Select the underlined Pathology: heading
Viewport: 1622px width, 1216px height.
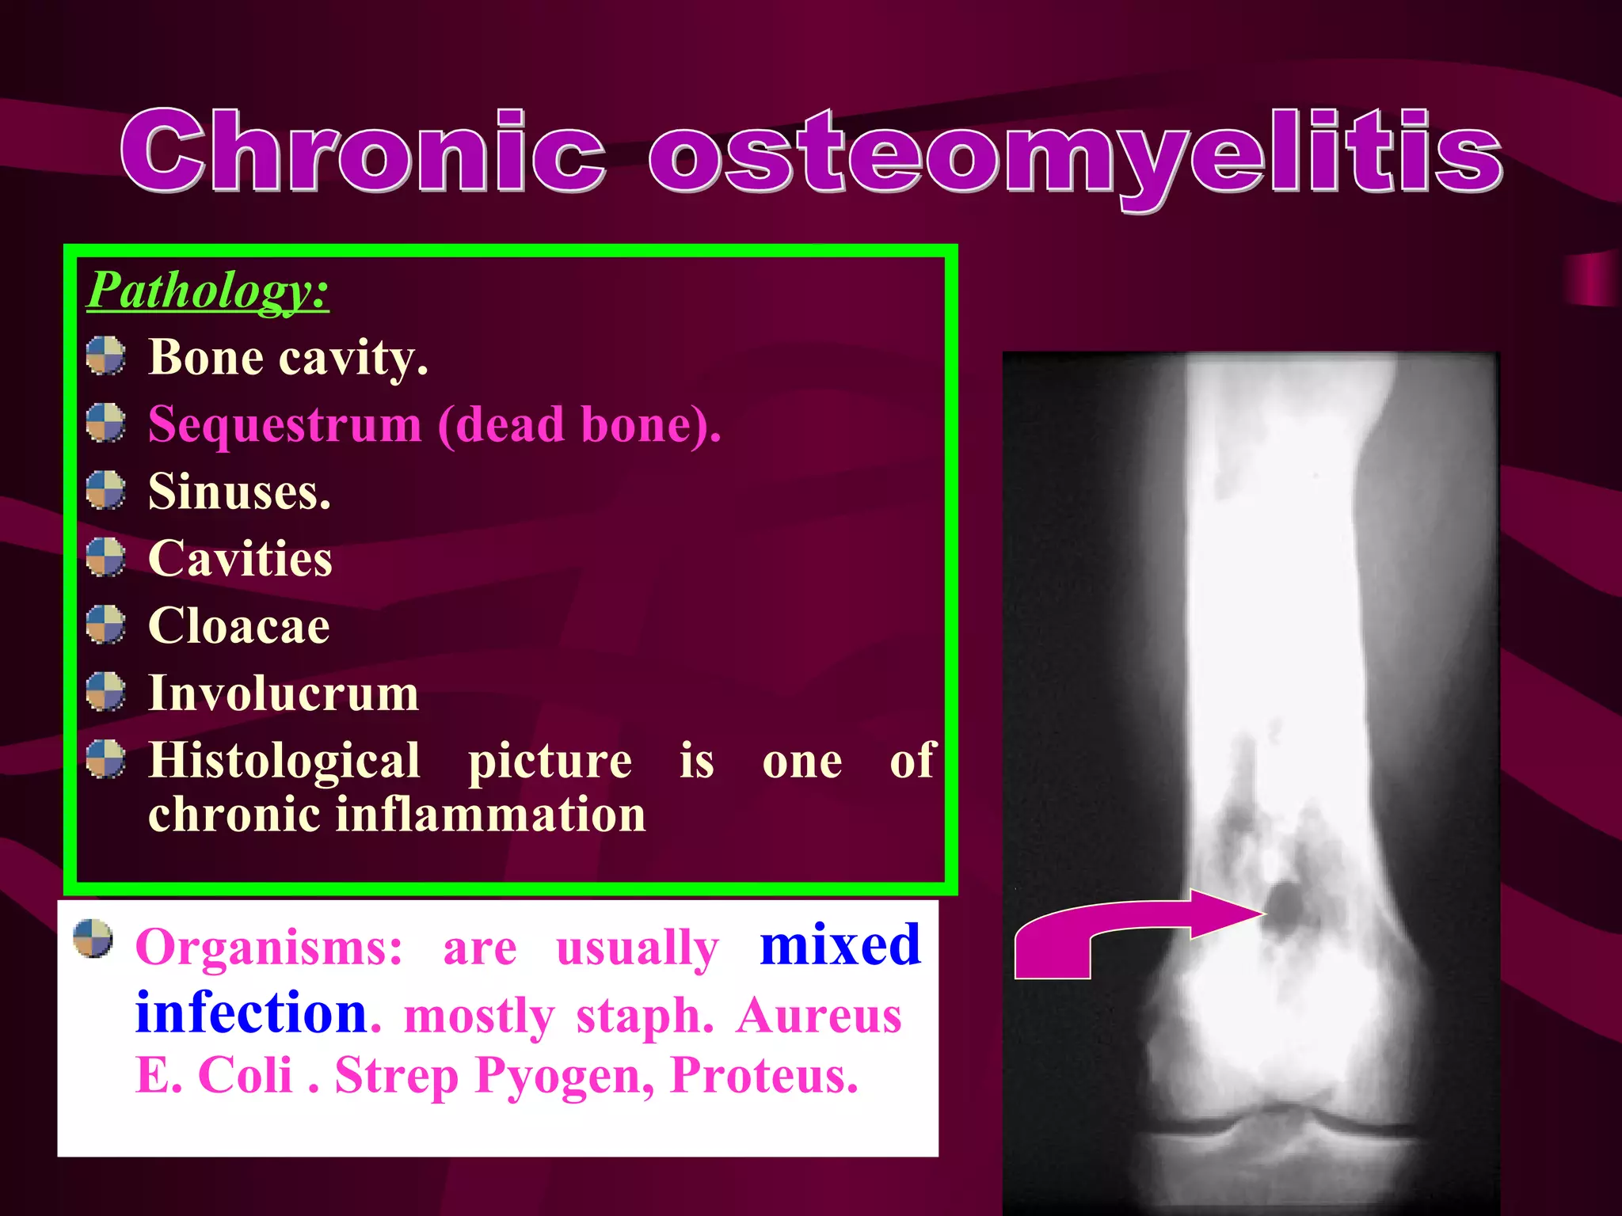tap(208, 291)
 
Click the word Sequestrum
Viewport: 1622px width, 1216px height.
tap(284, 424)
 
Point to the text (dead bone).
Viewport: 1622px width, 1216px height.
tap(579, 425)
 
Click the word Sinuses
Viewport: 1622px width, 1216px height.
tap(238, 492)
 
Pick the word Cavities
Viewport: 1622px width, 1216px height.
tap(240, 559)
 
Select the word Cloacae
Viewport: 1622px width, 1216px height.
tap(238, 626)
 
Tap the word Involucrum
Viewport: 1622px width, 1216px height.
tap(283, 693)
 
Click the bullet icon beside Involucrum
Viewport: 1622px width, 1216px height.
tap(105, 692)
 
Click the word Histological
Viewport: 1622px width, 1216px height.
tap(284, 761)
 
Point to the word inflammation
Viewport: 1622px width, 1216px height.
tap(490, 815)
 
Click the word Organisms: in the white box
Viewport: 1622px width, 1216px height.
tap(268, 947)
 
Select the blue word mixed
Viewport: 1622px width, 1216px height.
tap(840, 944)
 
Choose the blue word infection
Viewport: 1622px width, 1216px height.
tap(251, 1013)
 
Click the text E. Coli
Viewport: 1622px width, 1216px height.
tap(214, 1076)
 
